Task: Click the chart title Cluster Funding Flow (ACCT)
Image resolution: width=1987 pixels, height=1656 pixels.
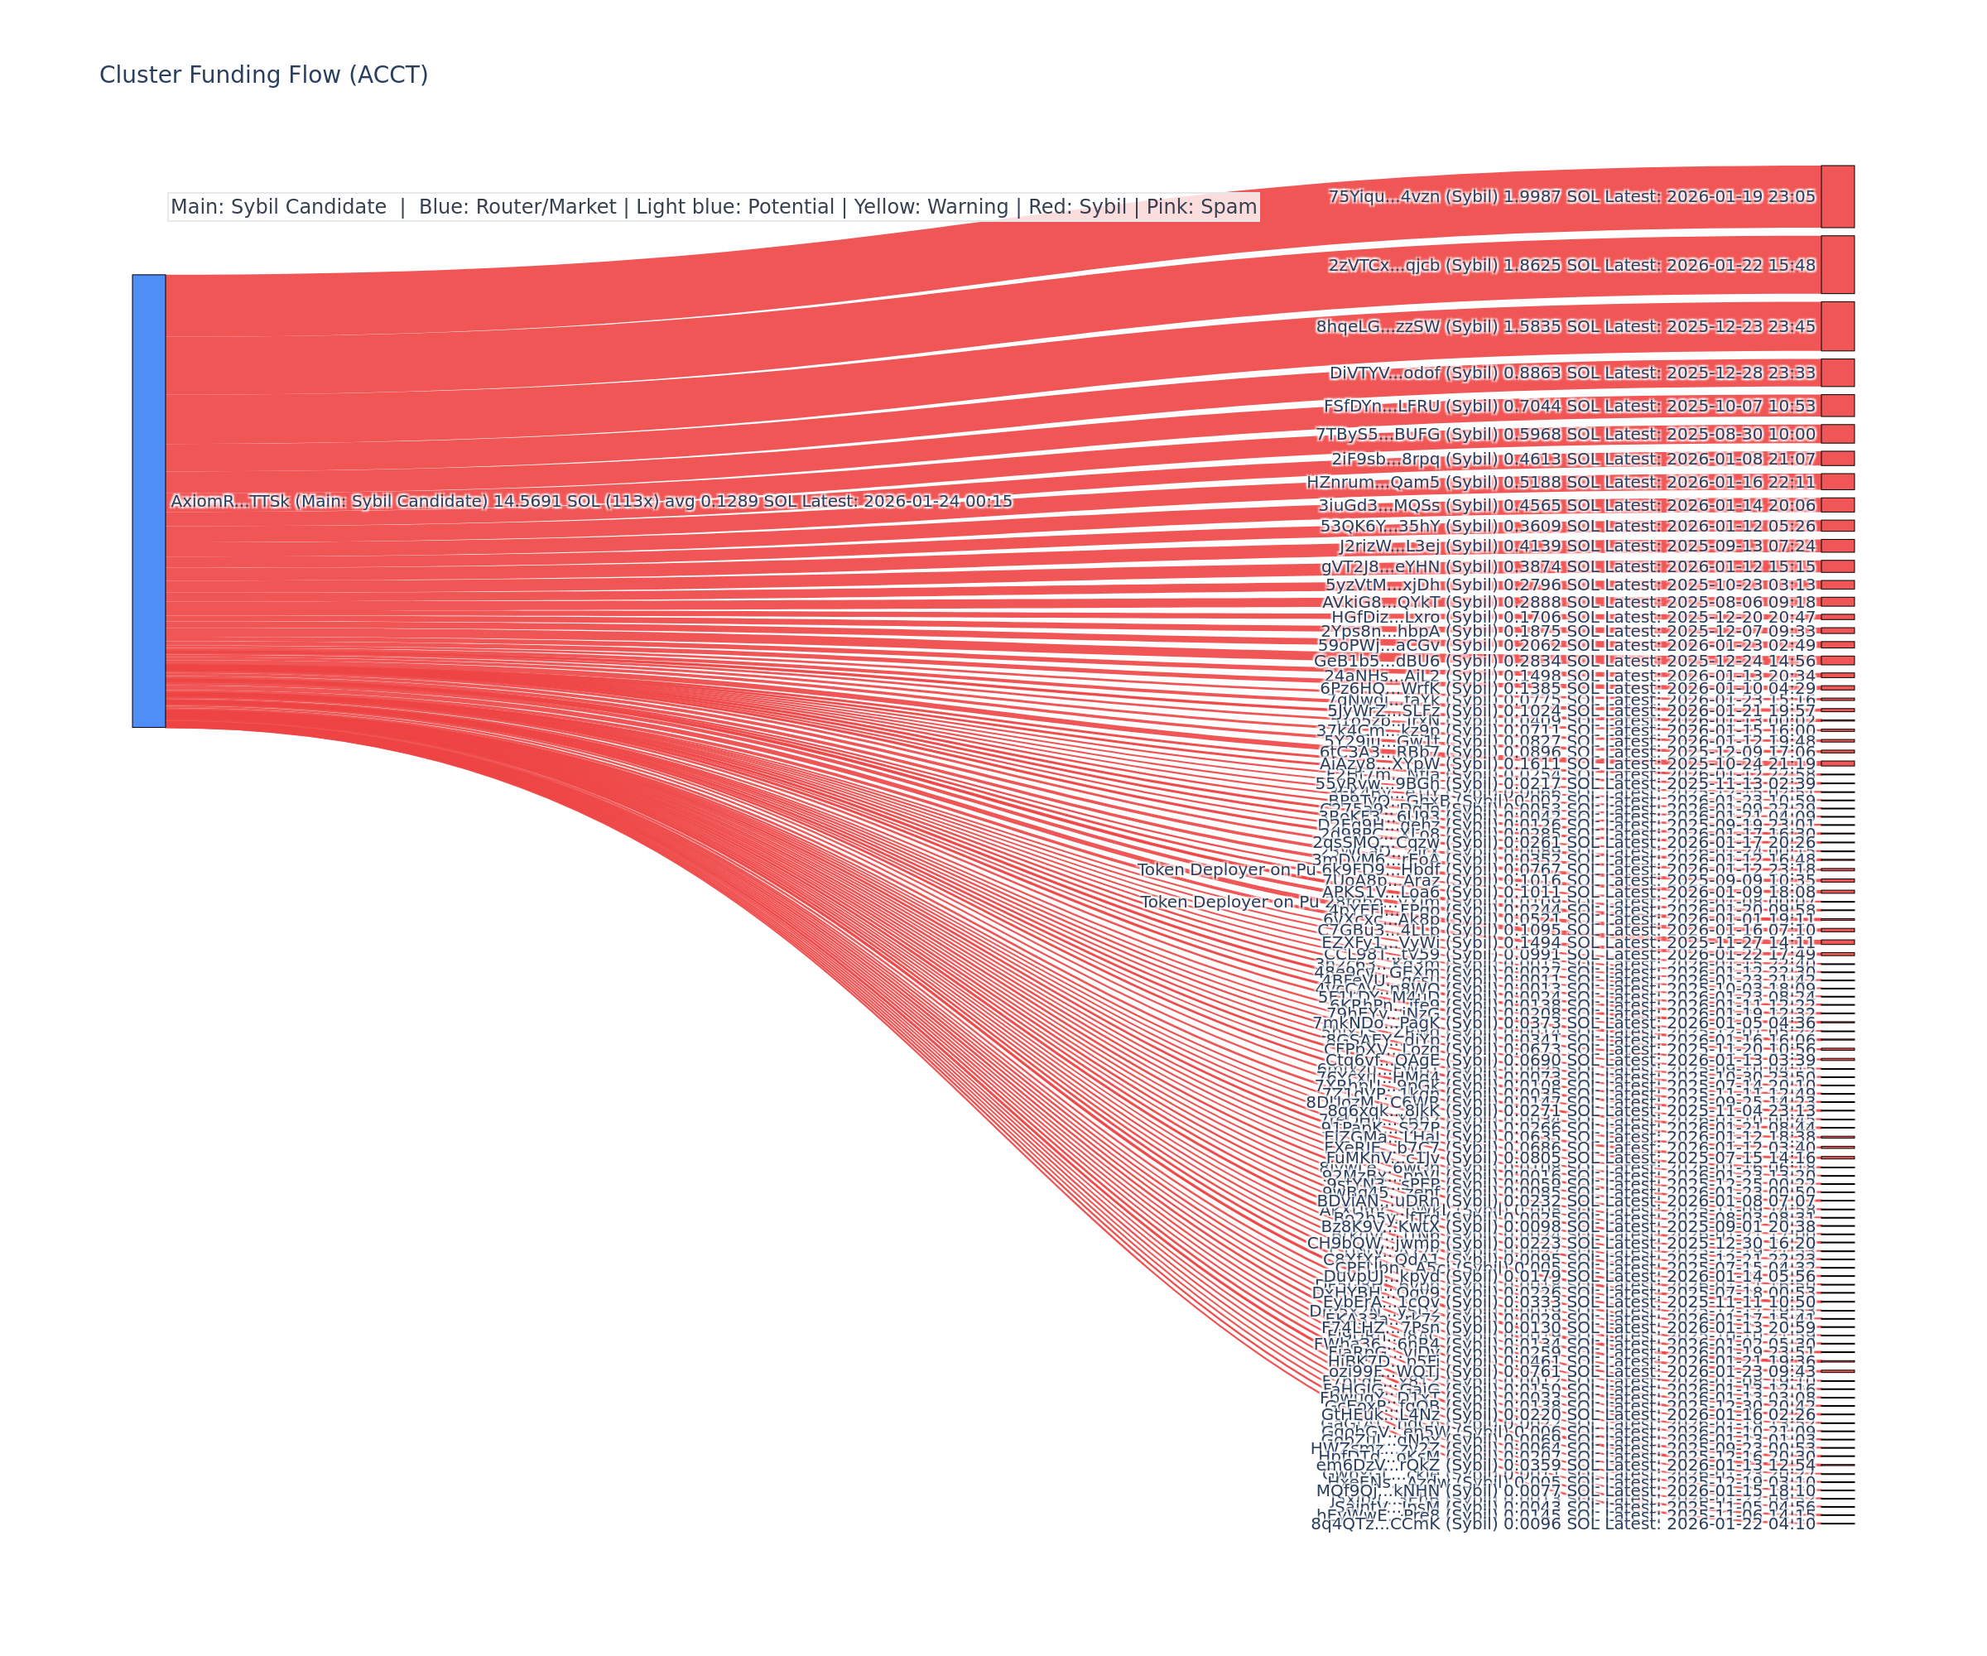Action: pos(263,75)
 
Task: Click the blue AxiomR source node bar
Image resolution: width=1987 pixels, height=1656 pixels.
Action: pos(148,501)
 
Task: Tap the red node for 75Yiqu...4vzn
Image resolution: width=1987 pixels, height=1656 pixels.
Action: pos(1836,197)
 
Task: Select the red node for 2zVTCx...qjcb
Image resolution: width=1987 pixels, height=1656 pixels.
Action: pos(1836,265)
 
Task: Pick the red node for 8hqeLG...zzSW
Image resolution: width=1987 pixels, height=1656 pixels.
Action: pos(1836,326)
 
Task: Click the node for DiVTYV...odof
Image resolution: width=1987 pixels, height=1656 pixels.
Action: pos(1836,373)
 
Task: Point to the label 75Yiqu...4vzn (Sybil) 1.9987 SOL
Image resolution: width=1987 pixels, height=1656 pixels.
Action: pos(1571,197)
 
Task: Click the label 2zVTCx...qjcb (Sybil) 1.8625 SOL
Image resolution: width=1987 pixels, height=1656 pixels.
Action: pos(1571,265)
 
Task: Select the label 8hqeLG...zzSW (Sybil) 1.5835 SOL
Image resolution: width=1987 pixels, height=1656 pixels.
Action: pos(1565,326)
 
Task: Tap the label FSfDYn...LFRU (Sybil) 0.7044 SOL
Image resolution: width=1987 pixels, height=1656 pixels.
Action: pos(1569,406)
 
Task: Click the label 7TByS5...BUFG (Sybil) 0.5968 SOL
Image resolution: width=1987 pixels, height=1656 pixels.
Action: pos(1565,435)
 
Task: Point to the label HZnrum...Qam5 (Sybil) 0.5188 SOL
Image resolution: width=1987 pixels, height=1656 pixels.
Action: pos(1561,483)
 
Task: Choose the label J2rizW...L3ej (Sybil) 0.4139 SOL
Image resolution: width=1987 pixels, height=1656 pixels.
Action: pos(1576,546)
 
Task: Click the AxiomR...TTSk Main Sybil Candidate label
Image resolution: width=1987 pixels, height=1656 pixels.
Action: pos(590,502)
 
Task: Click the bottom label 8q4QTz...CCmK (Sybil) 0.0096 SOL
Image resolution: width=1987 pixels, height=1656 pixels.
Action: pos(1562,1523)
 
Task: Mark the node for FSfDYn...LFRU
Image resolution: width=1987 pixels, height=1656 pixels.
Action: pos(1836,406)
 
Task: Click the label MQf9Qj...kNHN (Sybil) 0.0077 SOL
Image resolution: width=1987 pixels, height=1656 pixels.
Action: pos(1565,1490)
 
